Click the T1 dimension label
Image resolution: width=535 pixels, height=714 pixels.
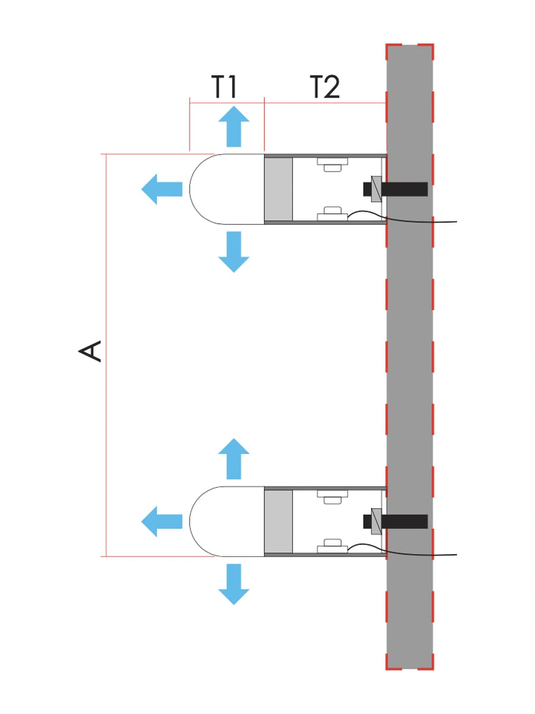coord(224,86)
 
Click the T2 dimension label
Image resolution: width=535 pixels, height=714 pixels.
coord(325,86)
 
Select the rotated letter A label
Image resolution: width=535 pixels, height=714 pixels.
coord(90,351)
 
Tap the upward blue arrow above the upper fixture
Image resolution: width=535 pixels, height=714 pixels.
coord(234,126)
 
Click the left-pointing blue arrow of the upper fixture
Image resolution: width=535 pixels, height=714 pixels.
coord(162,189)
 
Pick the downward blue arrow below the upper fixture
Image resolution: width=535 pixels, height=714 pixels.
coord(234,252)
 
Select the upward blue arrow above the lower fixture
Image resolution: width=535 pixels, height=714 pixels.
coord(234,459)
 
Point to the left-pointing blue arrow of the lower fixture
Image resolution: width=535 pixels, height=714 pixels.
coord(162,521)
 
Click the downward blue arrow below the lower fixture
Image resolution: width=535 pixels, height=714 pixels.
coord(234,584)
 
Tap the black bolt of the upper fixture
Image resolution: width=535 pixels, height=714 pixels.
coord(395,189)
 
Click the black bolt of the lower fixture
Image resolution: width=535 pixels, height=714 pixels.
coord(395,521)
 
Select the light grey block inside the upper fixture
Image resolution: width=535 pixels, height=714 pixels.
coord(278,189)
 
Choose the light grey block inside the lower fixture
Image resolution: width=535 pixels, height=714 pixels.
coord(278,521)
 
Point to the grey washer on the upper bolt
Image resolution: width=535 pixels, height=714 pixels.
coord(376,189)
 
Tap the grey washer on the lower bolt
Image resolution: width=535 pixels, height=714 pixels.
coord(376,521)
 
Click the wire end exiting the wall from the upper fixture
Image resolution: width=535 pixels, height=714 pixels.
coord(457,222)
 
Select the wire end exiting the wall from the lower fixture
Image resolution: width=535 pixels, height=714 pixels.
coord(457,555)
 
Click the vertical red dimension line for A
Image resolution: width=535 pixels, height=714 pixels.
coord(106,355)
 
